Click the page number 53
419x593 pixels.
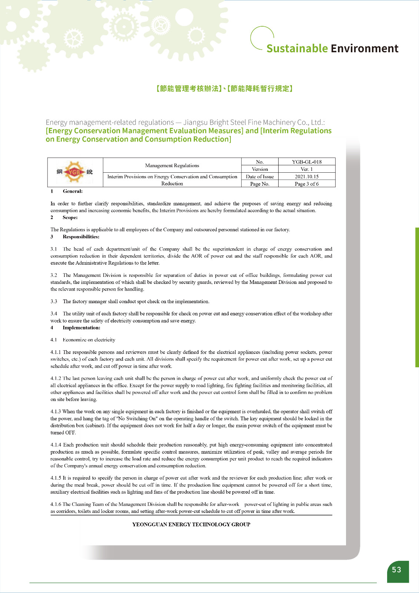[396, 570]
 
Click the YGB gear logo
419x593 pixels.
[74, 172]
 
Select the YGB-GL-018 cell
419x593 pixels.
[306, 162]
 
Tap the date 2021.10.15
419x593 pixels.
[306, 176]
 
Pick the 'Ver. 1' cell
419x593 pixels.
[306, 169]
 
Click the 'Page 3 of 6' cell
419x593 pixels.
[306, 184]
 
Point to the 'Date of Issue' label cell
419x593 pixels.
[260, 176]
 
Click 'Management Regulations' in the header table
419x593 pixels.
[172, 165]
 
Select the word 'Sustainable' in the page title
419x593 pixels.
[297, 49]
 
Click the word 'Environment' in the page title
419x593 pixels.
[364, 49]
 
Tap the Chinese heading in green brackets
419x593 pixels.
[224, 89]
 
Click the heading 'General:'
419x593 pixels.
[73, 191]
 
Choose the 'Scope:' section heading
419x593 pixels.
[70, 218]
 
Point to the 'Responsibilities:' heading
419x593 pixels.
[81, 236]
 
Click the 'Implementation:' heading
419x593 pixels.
[81, 328]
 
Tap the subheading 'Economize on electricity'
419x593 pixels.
[89, 340]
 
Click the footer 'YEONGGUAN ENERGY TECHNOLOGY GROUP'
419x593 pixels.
[191, 524]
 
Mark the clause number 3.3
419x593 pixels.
[54, 301]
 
